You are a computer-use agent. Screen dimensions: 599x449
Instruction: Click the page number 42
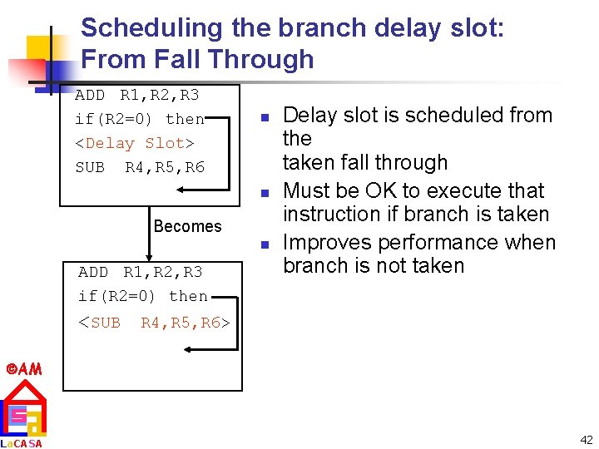tap(586, 440)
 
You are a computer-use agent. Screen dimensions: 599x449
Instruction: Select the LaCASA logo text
tap(22, 442)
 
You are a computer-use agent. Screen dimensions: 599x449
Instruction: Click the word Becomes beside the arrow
tap(187, 226)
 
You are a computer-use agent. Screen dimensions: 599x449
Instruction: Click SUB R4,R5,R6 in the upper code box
tap(140, 167)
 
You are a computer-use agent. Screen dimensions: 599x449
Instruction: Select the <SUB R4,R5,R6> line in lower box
tap(154, 323)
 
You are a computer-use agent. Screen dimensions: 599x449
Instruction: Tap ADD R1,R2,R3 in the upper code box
tap(137, 95)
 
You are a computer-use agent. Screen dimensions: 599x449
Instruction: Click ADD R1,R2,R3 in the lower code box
tap(140, 272)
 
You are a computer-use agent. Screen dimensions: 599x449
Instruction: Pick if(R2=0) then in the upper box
tap(140, 119)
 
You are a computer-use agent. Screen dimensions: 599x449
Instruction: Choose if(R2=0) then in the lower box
tap(142, 296)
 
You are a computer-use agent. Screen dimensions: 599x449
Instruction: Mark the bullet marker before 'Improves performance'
tap(262, 244)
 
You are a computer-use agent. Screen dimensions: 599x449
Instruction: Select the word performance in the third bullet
tap(428, 243)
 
